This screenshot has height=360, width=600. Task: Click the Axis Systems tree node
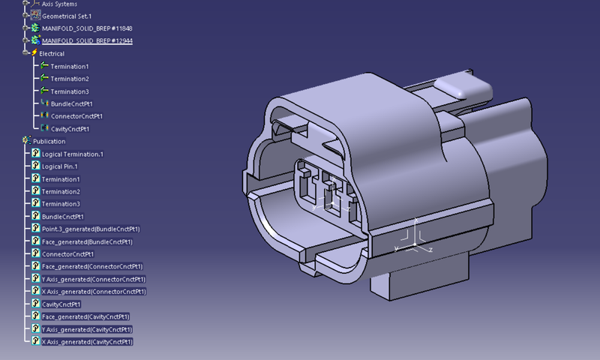60,3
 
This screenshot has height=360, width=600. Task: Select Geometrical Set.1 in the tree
66,15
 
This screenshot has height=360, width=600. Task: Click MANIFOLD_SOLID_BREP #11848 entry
87,28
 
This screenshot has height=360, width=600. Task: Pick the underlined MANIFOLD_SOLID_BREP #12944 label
87,40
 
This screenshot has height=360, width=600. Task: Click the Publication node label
49,141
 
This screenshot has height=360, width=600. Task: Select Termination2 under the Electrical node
70,79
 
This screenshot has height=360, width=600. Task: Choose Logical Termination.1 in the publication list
72,154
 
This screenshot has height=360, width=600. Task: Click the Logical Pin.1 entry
60,166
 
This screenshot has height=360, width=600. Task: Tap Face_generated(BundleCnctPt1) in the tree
87,241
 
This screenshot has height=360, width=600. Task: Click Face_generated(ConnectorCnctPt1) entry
92,266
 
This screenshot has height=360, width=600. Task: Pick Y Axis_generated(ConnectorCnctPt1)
94,279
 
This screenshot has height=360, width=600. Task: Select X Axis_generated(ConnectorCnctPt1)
94,292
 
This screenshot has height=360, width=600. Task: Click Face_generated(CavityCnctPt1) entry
85,316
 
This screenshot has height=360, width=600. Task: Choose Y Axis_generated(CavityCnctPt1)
87,329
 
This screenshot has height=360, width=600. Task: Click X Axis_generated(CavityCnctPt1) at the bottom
87,342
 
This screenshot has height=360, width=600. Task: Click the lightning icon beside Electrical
34,53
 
